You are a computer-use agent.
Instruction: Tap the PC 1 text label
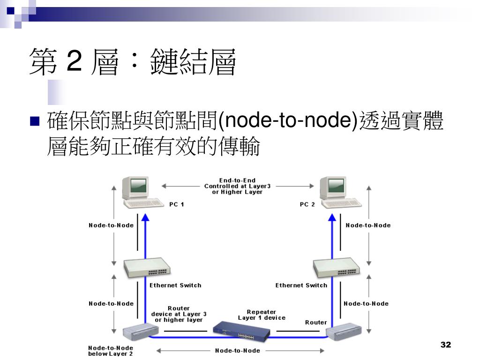[x=176, y=204]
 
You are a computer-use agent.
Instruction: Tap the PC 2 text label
[x=307, y=204]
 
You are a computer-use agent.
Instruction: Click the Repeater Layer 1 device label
[x=262, y=315]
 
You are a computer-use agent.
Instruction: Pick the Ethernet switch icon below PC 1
[x=147, y=268]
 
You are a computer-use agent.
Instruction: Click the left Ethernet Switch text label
[x=175, y=285]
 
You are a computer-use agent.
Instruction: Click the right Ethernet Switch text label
[x=301, y=285]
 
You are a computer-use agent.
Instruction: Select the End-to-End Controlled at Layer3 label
[x=237, y=186]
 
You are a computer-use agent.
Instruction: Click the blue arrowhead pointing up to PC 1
[x=145, y=217]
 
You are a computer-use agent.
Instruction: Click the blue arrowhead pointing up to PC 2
[x=333, y=217]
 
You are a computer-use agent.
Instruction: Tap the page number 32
[x=445, y=345]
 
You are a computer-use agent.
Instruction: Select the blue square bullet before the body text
[x=35, y=121]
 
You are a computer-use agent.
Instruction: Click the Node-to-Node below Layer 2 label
[x=111, y=351]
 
